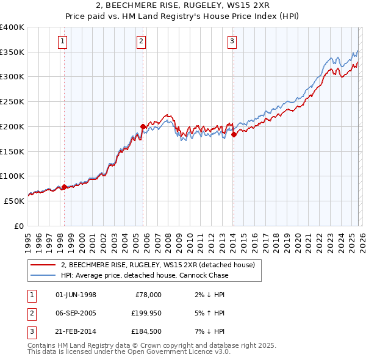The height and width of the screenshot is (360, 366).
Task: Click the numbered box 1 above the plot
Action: tap(63, 41)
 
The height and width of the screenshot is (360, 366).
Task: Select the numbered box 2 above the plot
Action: tap(142, 41)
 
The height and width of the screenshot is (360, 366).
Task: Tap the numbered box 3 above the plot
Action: tap(232, 41)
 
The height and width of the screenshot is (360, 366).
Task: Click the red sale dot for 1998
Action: tap(64, 187)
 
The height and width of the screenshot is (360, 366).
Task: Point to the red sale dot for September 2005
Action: tap(143, 127)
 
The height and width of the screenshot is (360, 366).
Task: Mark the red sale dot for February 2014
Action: tap(234, 134)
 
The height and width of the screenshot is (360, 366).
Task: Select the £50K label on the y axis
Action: tap(15, 201)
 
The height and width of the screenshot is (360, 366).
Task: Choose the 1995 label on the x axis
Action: tap(27, 240)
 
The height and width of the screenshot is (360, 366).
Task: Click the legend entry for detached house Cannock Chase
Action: tap(145, 275)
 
